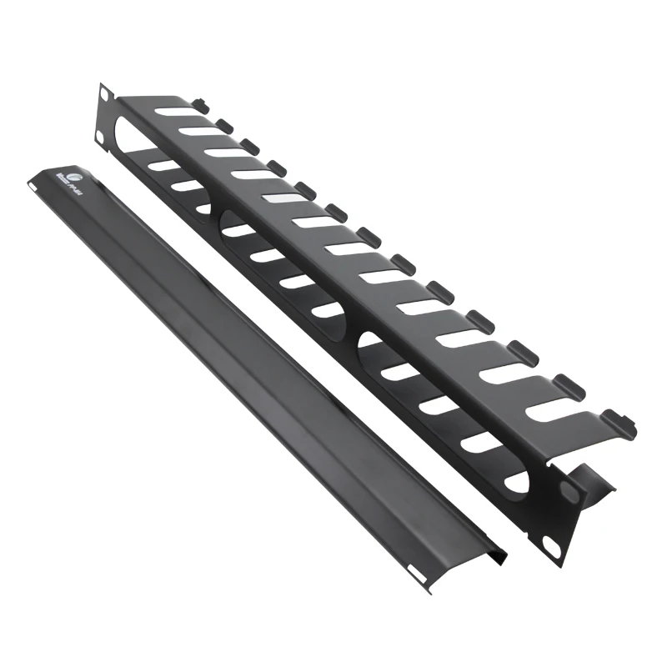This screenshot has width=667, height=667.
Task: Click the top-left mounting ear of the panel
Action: [105, 113]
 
